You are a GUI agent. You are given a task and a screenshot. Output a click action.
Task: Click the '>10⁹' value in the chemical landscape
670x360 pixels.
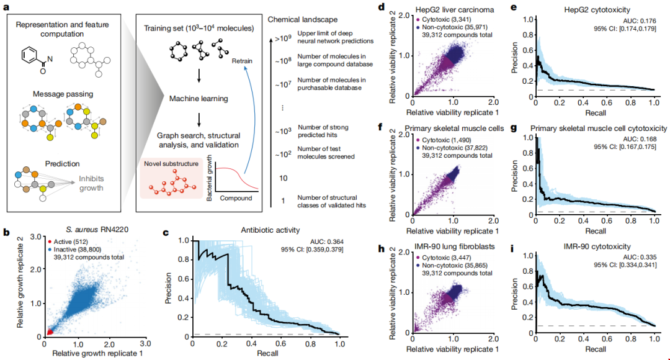pyautogui.click(x=280, y=36)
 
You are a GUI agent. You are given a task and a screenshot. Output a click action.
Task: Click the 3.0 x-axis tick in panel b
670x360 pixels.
pyautogui.click(x=145, y=342)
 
